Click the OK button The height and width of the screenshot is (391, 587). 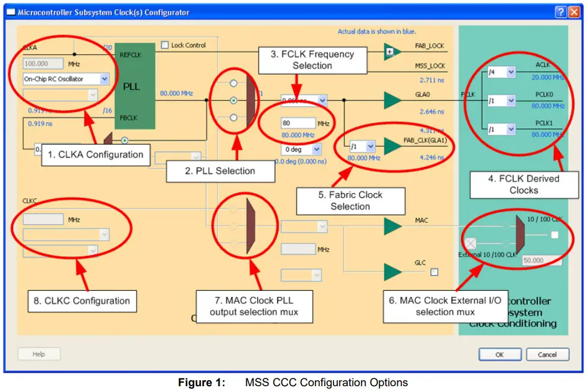(499, 355)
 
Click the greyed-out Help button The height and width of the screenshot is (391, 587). (39, 354)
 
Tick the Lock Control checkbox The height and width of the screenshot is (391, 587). (165, 45)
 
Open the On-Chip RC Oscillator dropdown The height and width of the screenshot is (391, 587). (104, 79)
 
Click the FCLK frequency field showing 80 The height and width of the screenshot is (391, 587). (298, 123)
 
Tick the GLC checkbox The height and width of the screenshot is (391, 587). (434, 272)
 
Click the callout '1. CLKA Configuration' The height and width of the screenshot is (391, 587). (95, 155)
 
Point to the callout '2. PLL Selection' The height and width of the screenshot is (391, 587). (220, 171)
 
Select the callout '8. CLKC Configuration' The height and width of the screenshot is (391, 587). (82, 301)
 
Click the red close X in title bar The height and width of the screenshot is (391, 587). (573, 12)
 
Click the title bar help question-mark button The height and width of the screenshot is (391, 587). (560, 12)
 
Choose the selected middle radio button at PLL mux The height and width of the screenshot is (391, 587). (234, 100)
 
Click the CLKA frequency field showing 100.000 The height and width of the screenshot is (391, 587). (44, 63)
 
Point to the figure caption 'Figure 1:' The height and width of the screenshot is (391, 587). (202, 383)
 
